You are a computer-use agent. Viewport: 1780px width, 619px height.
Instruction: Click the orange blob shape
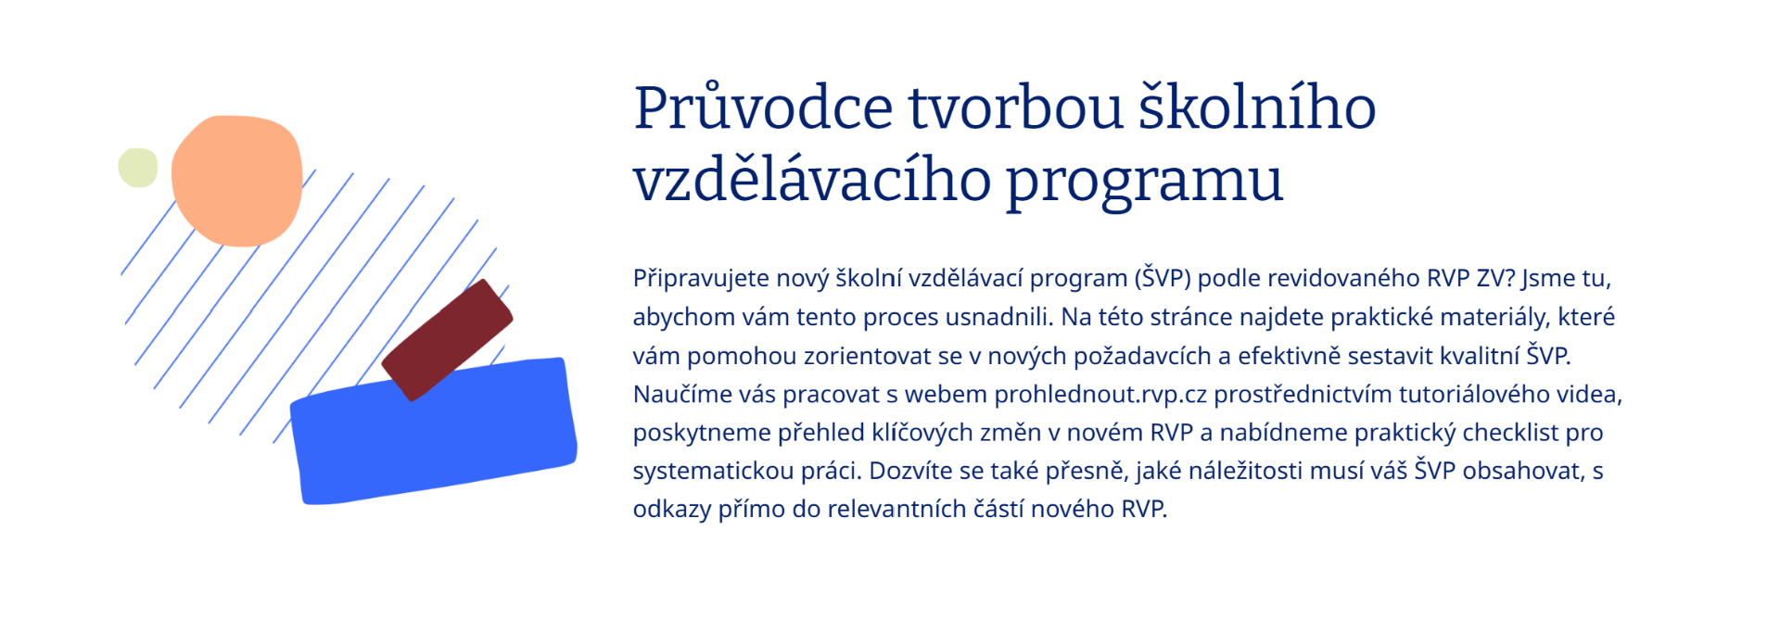coord(237,181)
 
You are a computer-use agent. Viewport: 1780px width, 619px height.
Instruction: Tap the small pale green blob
coord(138,168)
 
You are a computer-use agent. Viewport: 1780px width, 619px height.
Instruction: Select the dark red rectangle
coord(447,340)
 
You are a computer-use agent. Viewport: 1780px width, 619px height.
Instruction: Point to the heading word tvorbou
coord(1015,108)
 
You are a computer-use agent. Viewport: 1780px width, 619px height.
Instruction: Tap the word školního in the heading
coord(1257,108)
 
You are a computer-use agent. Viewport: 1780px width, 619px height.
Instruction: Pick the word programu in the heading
coord(1144,182)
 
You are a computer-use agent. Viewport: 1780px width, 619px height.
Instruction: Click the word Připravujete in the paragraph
coord(701,279)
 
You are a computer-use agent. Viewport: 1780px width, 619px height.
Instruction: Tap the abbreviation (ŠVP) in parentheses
coord(1163,279)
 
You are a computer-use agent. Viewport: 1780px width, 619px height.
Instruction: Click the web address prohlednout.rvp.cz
coord(1100,395)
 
